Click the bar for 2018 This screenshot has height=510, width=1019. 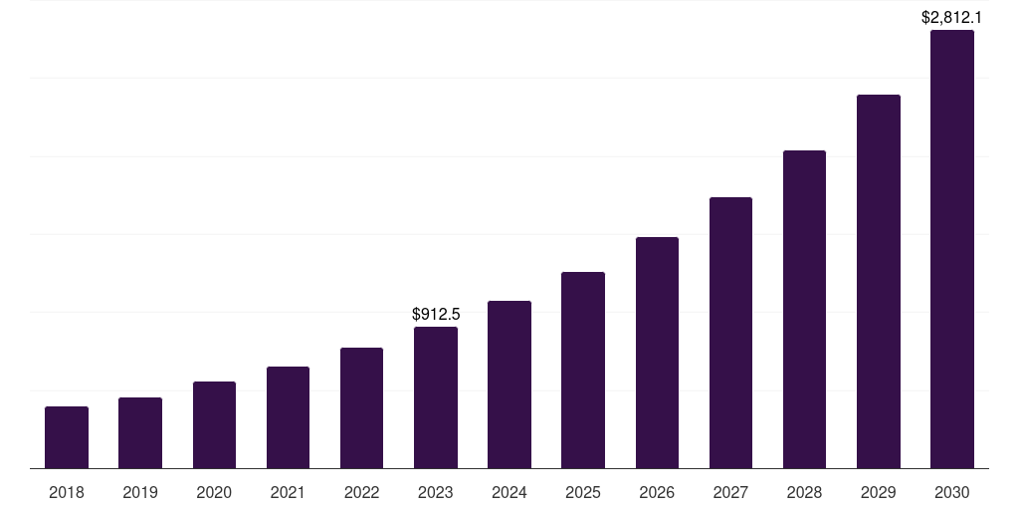(x=67, y=437)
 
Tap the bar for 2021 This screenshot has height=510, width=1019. (x=288, y=417)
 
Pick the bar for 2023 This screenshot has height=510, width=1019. (x=436, y=397)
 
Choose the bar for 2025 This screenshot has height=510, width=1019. (x=583, y=370)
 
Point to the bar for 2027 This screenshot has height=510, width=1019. (x=730, y=333)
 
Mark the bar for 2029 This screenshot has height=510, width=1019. (x=879, y=281)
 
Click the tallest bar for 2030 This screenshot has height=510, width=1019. (x=952, y=249)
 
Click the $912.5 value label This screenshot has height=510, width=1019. (x=436, y=315)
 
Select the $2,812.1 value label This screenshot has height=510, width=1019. (x=952, y=17)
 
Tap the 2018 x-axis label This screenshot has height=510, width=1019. (x=67, y=492)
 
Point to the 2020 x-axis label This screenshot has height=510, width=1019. (x=214, y=492)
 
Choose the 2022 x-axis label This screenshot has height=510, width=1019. (x=362, y=492)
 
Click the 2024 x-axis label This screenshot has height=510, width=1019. (x=509, y=492)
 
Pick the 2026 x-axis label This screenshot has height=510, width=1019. (x=657, y=492)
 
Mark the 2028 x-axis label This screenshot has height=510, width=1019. (x=805, y=492)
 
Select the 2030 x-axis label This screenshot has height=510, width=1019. (x=952, y=492)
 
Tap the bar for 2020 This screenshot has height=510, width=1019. (x=214, y=424)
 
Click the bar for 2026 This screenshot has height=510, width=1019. (x=657, y=353)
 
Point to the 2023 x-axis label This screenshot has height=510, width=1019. (x=436, y=492)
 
